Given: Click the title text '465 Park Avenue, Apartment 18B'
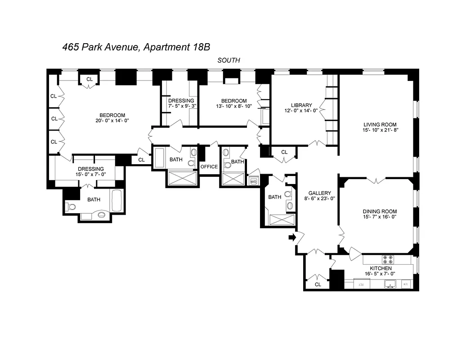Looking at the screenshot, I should click(136, 47).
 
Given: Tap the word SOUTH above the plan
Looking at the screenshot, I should click(229, 60).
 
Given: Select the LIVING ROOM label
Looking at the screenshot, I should click(381, 124).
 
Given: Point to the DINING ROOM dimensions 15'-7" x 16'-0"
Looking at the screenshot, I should click(380, 217).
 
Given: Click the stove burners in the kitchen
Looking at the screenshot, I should click(388, 260).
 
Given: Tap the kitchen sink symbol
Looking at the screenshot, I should click(390, 283).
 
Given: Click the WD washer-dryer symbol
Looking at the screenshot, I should click(253, 181).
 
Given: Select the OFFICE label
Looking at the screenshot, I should click(209, 166).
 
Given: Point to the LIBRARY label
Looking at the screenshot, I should click(301, 105).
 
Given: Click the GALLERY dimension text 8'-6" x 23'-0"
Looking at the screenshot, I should click(319, 198).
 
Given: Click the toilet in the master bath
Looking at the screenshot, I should click(72, 207).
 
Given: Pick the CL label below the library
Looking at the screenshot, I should click(284, 152).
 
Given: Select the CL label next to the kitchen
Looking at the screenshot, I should click(318, 284).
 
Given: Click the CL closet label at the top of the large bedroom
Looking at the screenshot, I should click(90, 79).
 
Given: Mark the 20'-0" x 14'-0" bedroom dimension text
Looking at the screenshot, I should click(112, 121).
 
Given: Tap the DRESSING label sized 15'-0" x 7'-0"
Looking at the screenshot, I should click(91, 169).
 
